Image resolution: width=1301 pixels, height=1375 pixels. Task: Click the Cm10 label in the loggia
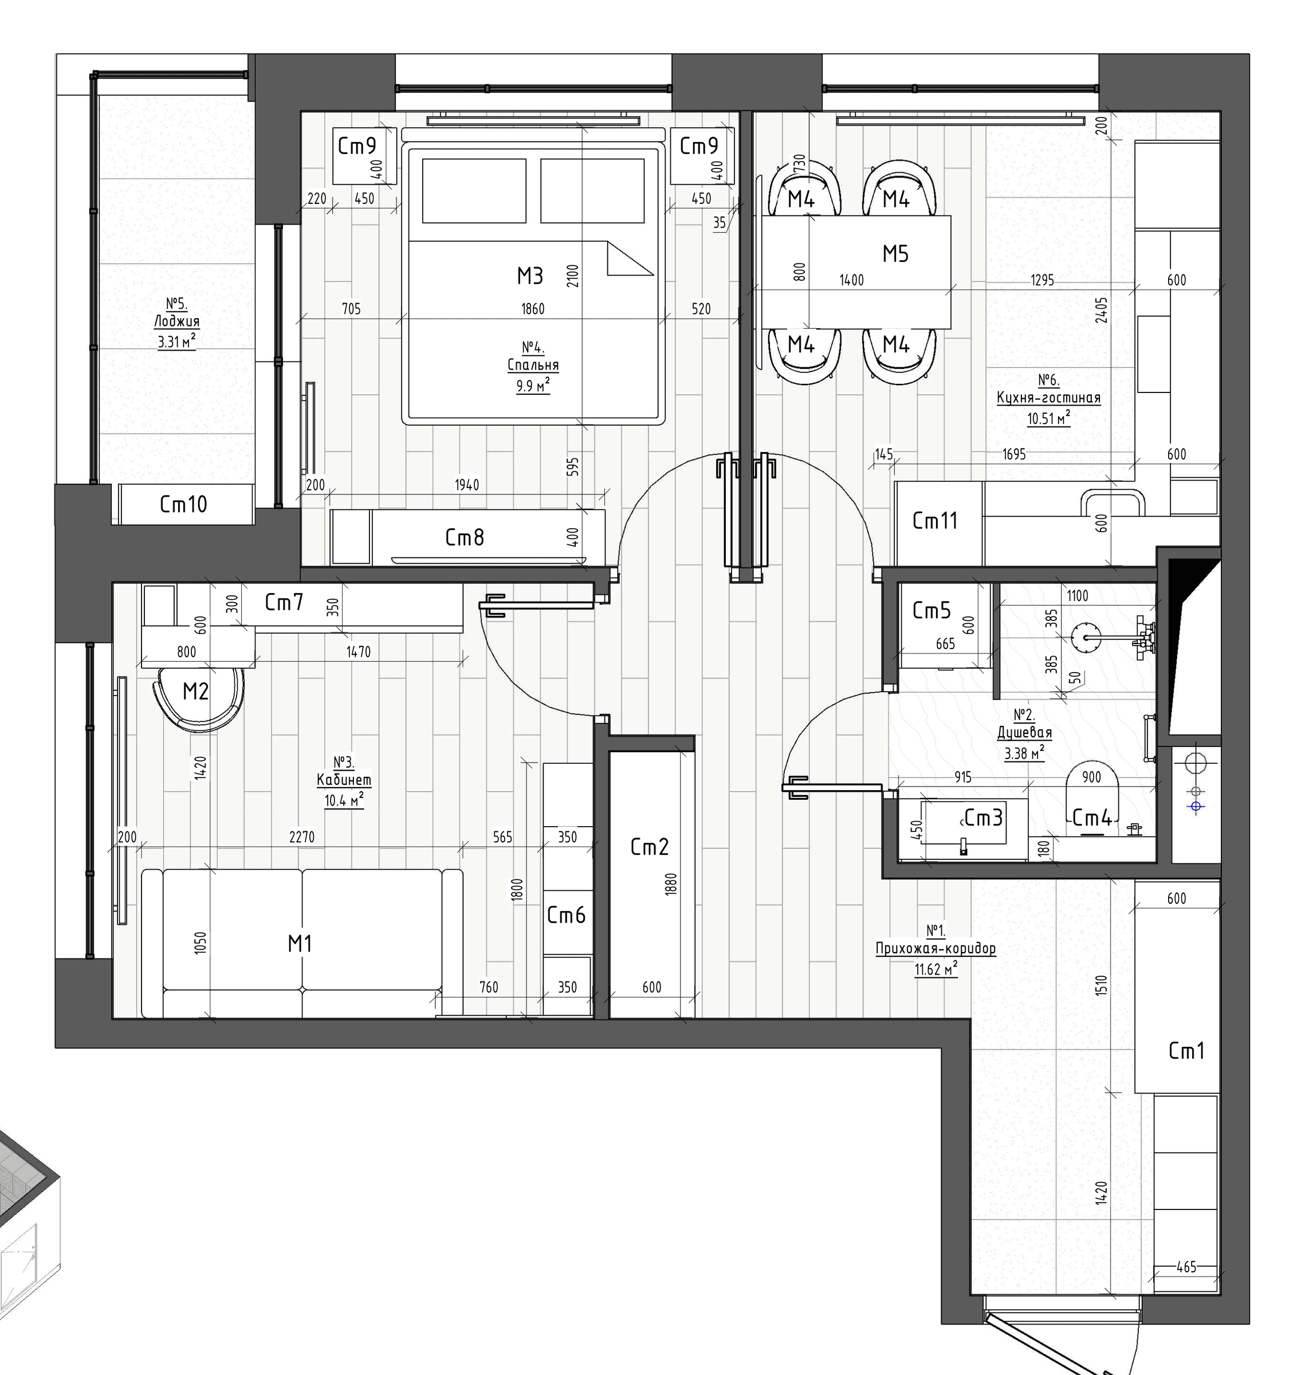point(183,504)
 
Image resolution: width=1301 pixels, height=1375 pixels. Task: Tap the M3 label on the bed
point(530,276)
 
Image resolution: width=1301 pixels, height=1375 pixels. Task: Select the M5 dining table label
point(895,254)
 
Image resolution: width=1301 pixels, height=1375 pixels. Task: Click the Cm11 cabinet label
point(935,521)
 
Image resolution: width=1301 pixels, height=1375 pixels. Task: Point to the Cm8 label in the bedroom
point(465,537)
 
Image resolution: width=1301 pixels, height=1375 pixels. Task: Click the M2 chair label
point(195,692)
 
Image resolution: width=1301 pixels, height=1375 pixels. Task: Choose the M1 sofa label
point(300,943)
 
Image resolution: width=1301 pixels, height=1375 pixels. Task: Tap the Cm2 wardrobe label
point(650,847)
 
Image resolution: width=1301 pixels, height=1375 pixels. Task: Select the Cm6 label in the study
point(567,916)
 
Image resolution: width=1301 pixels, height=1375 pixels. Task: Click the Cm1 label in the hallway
point(1186,1051)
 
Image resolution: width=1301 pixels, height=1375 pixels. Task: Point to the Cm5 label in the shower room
point(931,611)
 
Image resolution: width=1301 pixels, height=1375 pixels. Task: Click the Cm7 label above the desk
point(284,603)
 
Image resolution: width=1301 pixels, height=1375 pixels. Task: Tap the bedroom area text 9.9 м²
point(533,385)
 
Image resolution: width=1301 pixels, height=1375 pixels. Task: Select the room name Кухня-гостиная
point(1048,398)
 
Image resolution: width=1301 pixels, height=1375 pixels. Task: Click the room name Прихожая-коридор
point(936,949)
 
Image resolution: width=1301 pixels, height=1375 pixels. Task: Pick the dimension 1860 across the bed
point(533,309)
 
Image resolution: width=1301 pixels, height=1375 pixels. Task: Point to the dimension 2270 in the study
point(302,837)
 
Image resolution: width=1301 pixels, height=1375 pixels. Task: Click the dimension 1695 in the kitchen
point(1014,454)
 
